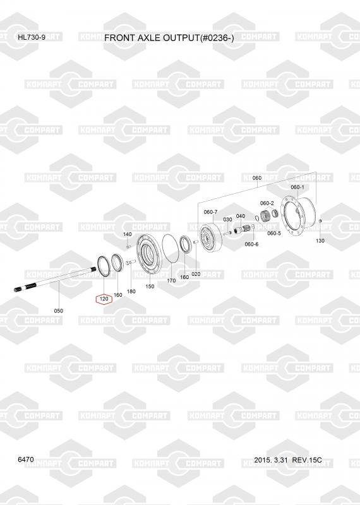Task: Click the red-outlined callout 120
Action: (x=104, y=299)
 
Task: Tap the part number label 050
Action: (x=58, y=311)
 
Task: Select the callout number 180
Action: (x=131, y=292)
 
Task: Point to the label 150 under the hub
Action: (x=150, y=287)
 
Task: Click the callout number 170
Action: (x=171, y=280)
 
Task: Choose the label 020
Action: (x=196, y=274)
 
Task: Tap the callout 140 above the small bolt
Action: (x=128, y=234)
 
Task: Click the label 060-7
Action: (x=210, y=212)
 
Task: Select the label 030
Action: (x=227, y=219)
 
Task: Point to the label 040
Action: (x=241, y=216)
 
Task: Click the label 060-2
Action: (x=267, y=203)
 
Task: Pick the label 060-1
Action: (x=297, y=187)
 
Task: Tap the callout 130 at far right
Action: (x=320, y=241)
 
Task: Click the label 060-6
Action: (x=251, y=244)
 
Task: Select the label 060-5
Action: (x=274, y=233)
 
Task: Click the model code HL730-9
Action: (x=32, y=37)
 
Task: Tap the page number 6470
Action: (x=26, y=460)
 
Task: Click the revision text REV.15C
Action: (x=307, y=460)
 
